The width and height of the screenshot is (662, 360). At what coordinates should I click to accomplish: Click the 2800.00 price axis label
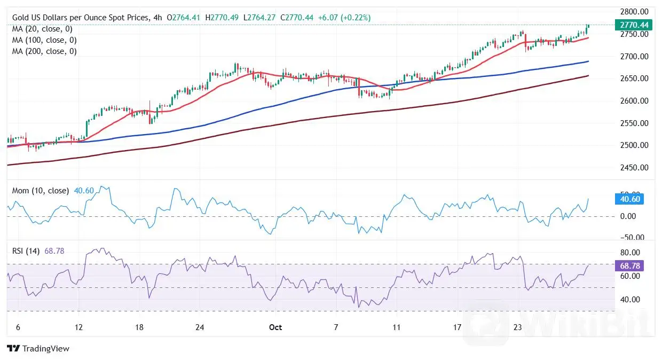(634, 12)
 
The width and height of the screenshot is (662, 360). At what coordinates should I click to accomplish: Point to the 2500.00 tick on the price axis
(634, 145)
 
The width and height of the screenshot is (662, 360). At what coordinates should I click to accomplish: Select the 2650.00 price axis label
(634, 79)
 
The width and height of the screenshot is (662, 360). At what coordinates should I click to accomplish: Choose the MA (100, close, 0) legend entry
(44, 40)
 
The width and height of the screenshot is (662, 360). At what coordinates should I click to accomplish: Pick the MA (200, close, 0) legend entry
(44, 51)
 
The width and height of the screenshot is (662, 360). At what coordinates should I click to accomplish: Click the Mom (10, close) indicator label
(40, 191)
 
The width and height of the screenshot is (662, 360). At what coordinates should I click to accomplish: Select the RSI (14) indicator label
(26, 251)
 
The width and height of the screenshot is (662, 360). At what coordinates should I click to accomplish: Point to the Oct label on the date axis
(275, 327)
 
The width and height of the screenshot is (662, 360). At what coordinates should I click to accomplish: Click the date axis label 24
(200, 327)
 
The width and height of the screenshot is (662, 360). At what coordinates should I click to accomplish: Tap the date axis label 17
(457, 327)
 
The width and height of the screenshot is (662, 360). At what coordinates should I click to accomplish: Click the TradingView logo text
(38, 349)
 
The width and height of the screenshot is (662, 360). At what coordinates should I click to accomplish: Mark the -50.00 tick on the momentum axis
(633, 238)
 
